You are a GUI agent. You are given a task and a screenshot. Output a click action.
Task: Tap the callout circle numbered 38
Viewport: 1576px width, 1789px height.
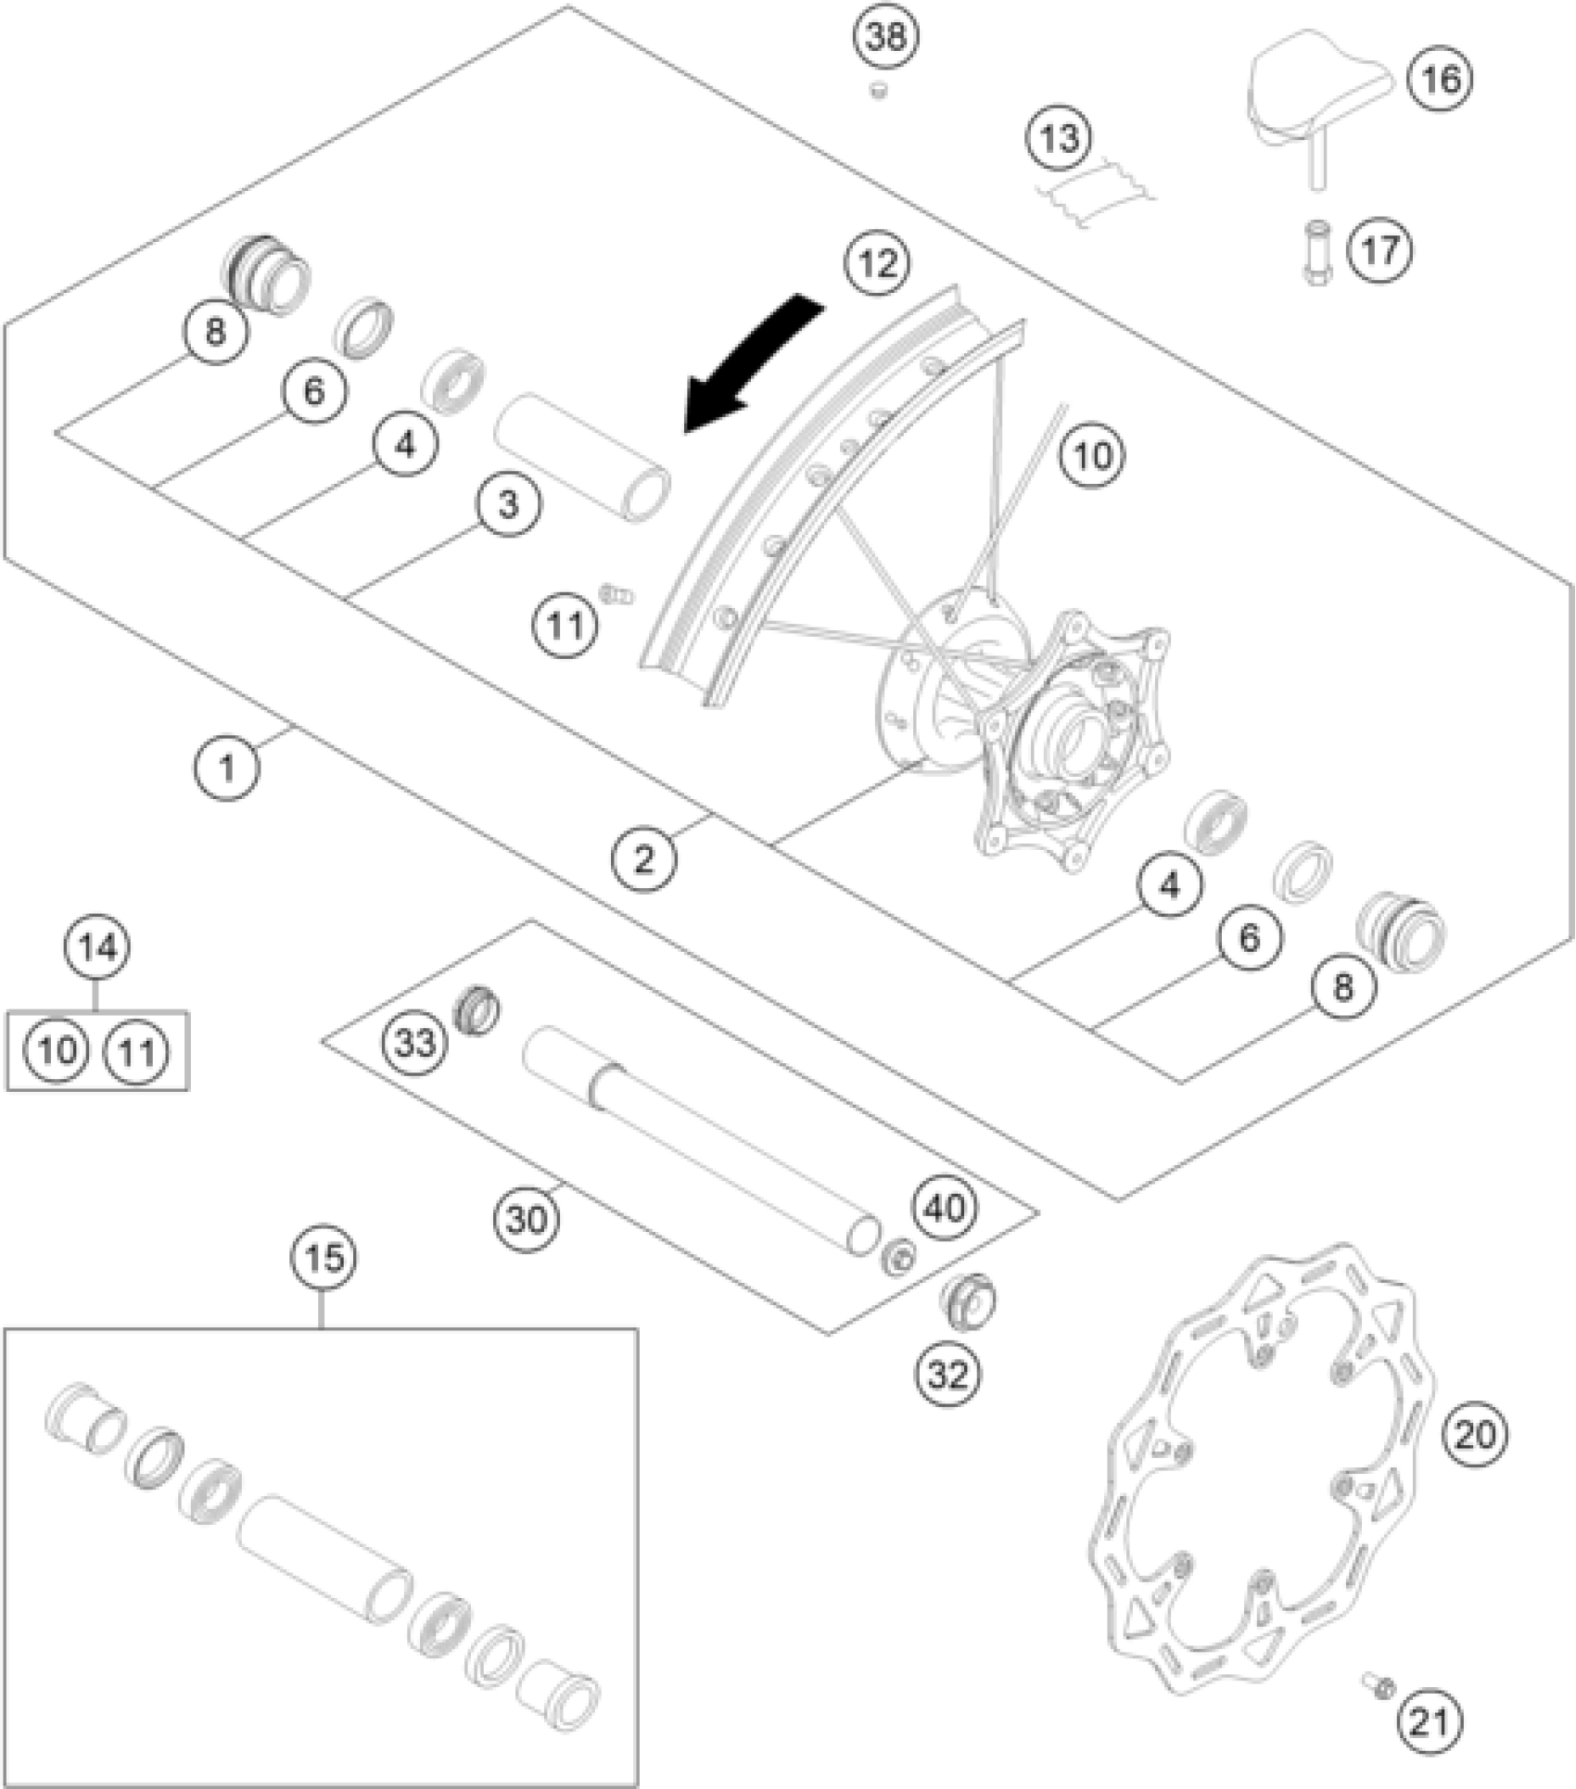click(885, 36)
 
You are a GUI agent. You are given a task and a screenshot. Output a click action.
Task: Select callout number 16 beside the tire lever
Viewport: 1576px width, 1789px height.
click(1440, 79)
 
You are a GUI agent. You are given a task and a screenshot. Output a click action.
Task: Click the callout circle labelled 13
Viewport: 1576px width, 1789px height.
click(1059, 139)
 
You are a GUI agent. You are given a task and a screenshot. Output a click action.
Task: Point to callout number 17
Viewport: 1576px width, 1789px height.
click(1380, 250)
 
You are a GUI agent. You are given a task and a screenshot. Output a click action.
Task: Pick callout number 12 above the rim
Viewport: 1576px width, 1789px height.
click(877, 264)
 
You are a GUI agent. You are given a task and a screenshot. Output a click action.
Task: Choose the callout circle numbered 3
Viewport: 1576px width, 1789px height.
click(509, 504)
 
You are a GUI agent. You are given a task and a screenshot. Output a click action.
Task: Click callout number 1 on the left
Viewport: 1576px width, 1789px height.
click(227, 766)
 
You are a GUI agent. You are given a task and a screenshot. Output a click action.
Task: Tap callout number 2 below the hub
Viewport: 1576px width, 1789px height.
click(643, 859)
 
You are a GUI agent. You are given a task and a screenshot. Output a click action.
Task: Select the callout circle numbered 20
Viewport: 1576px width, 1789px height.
click(1475, 1435)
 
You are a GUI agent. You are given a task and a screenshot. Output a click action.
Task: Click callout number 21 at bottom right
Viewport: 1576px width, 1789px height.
click(1430, 1721)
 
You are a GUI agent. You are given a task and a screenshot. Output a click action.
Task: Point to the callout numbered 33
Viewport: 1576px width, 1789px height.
click(414, 1043)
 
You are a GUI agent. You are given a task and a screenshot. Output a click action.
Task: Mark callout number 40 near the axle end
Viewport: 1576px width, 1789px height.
click(945, 1208)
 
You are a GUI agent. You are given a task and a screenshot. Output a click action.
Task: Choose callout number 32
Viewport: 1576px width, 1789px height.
click(948, 1375)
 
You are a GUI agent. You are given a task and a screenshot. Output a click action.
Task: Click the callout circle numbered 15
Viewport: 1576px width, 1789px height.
click(324, 1258)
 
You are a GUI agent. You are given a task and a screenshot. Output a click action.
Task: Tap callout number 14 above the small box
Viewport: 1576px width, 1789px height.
click(97, 947)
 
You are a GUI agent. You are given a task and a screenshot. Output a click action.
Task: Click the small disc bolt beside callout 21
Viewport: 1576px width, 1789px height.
click(1379, 1684)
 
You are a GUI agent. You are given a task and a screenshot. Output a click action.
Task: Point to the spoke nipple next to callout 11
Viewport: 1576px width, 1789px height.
click(616, 593)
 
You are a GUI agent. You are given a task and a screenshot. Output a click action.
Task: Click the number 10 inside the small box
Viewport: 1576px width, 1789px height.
click(57, 1051)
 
